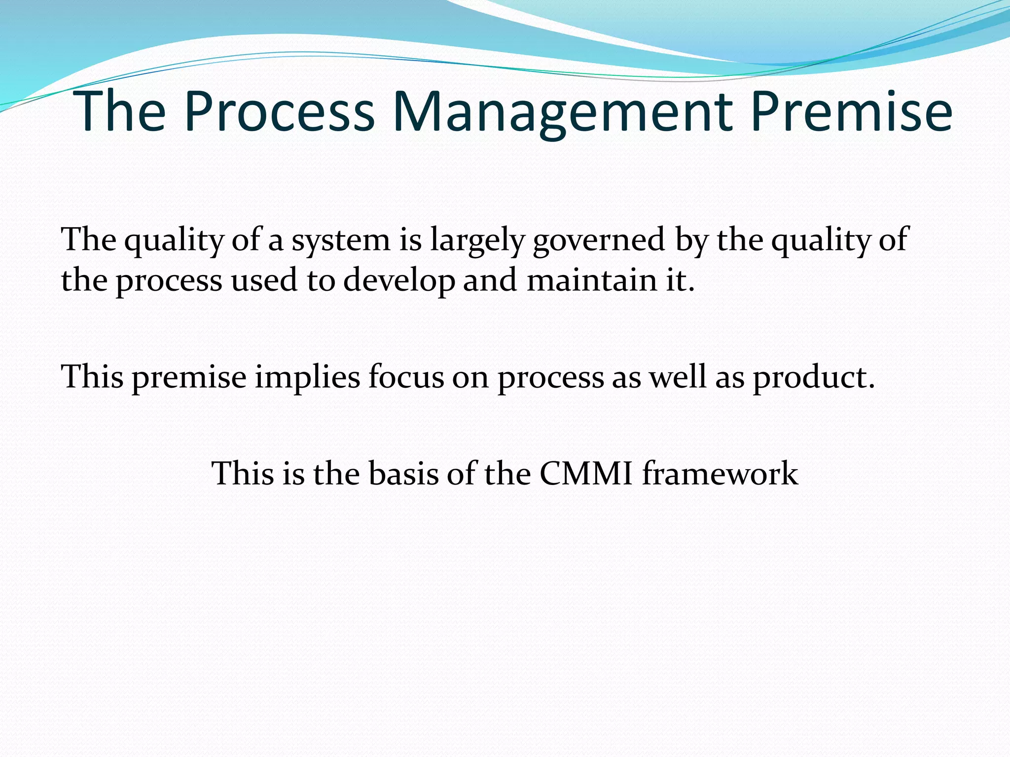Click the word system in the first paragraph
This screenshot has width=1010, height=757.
(341, 240)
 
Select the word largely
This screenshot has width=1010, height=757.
(476, 240)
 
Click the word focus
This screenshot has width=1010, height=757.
(406, 377)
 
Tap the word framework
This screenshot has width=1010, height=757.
(720, 474)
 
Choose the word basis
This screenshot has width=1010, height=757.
(403, 474)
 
